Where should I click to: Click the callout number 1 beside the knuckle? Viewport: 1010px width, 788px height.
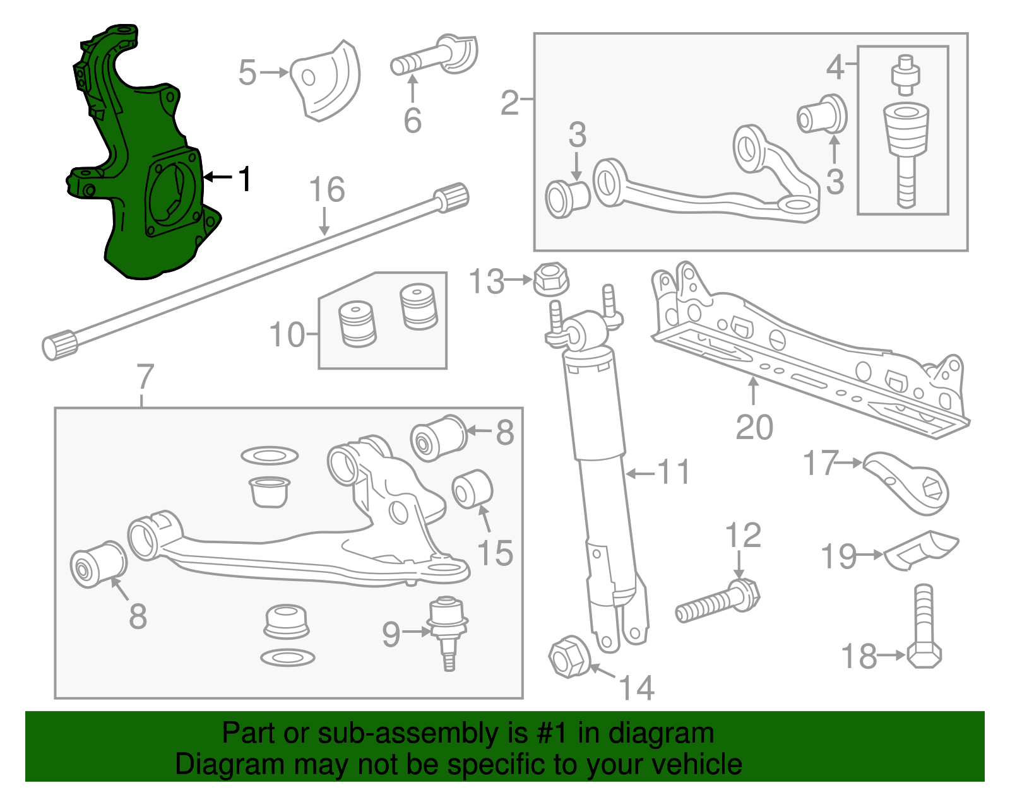[x=245, y=179]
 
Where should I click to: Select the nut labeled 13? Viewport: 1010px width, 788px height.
[x=551, y=279]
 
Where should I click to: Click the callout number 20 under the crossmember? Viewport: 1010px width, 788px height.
[x=754, y=427]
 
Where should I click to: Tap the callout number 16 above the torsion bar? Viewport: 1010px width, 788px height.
[x=327, y=190]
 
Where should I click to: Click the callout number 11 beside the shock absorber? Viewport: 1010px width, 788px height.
[x=674, y=472]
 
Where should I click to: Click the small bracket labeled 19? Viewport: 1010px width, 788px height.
[x=920, y=549]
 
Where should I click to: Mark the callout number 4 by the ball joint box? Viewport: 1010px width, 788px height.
[x=835, y=67]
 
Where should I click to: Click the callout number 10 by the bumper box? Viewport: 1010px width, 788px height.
[x=287, y=334]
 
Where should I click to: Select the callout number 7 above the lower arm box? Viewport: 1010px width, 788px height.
[x=145, y=377]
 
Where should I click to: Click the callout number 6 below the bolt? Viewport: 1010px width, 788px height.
[x=412, y=120]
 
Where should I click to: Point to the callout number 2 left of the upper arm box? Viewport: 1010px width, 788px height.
[x=509, y=102]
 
